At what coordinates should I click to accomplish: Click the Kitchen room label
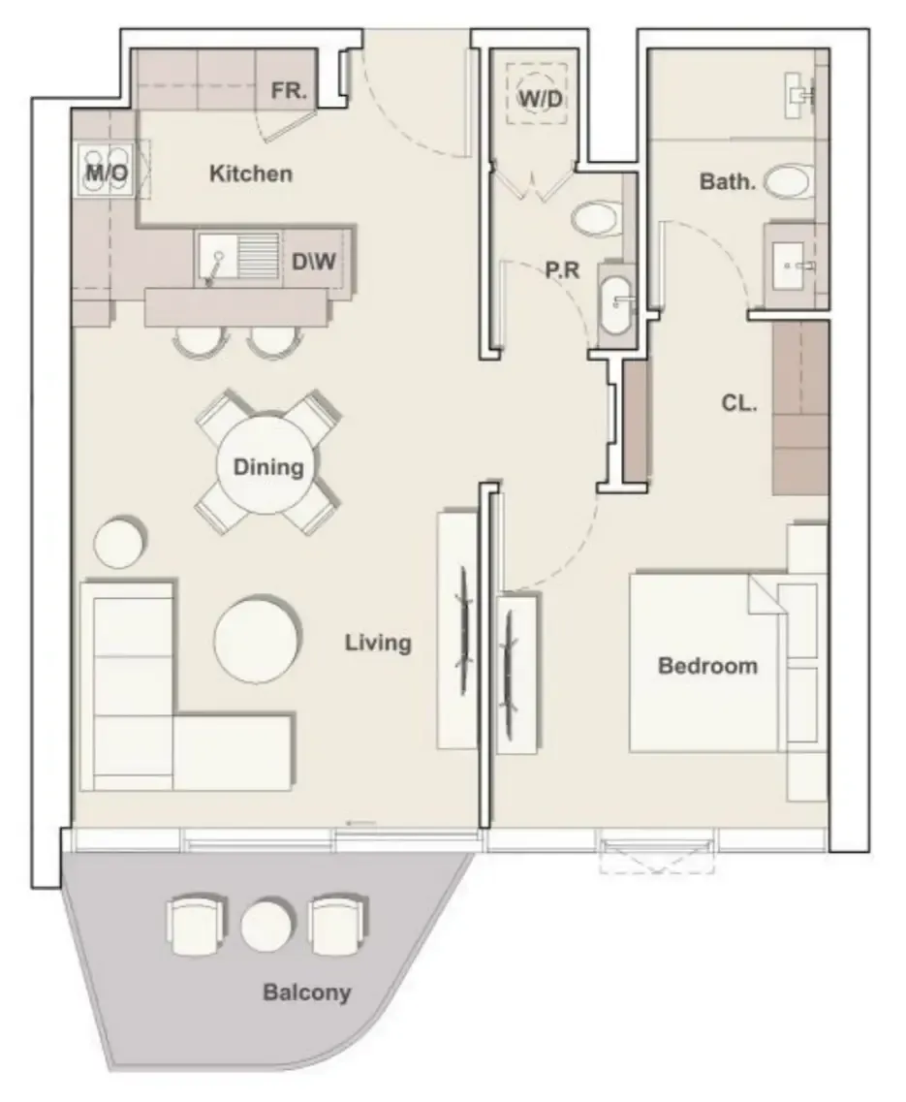click(x=250, y=173)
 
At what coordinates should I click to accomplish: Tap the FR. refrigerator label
click(x=289, y=91)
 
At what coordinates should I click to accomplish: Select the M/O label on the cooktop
click(x=107, y=173)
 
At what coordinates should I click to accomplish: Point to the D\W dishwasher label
click(x=314, y=262)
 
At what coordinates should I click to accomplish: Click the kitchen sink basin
click(x=218, y=255)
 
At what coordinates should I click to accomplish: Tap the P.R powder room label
click(x=562, y=269)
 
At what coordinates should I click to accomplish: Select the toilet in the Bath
click(x=789, y=181)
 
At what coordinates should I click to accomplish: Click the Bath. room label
click(x=727, y=182)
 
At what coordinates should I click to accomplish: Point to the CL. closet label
click(x=739, y=403)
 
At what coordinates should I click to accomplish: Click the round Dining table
click(x=266, y=465)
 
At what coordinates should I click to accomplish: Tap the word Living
click(x=378, y=643)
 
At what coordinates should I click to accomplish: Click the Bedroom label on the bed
click(x=707, y=666)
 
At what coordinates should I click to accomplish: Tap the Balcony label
click(x=306, y=992)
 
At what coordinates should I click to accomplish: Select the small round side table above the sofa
click(x=119, y=542)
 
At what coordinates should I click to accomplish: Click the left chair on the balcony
click(x=196, y=925)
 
